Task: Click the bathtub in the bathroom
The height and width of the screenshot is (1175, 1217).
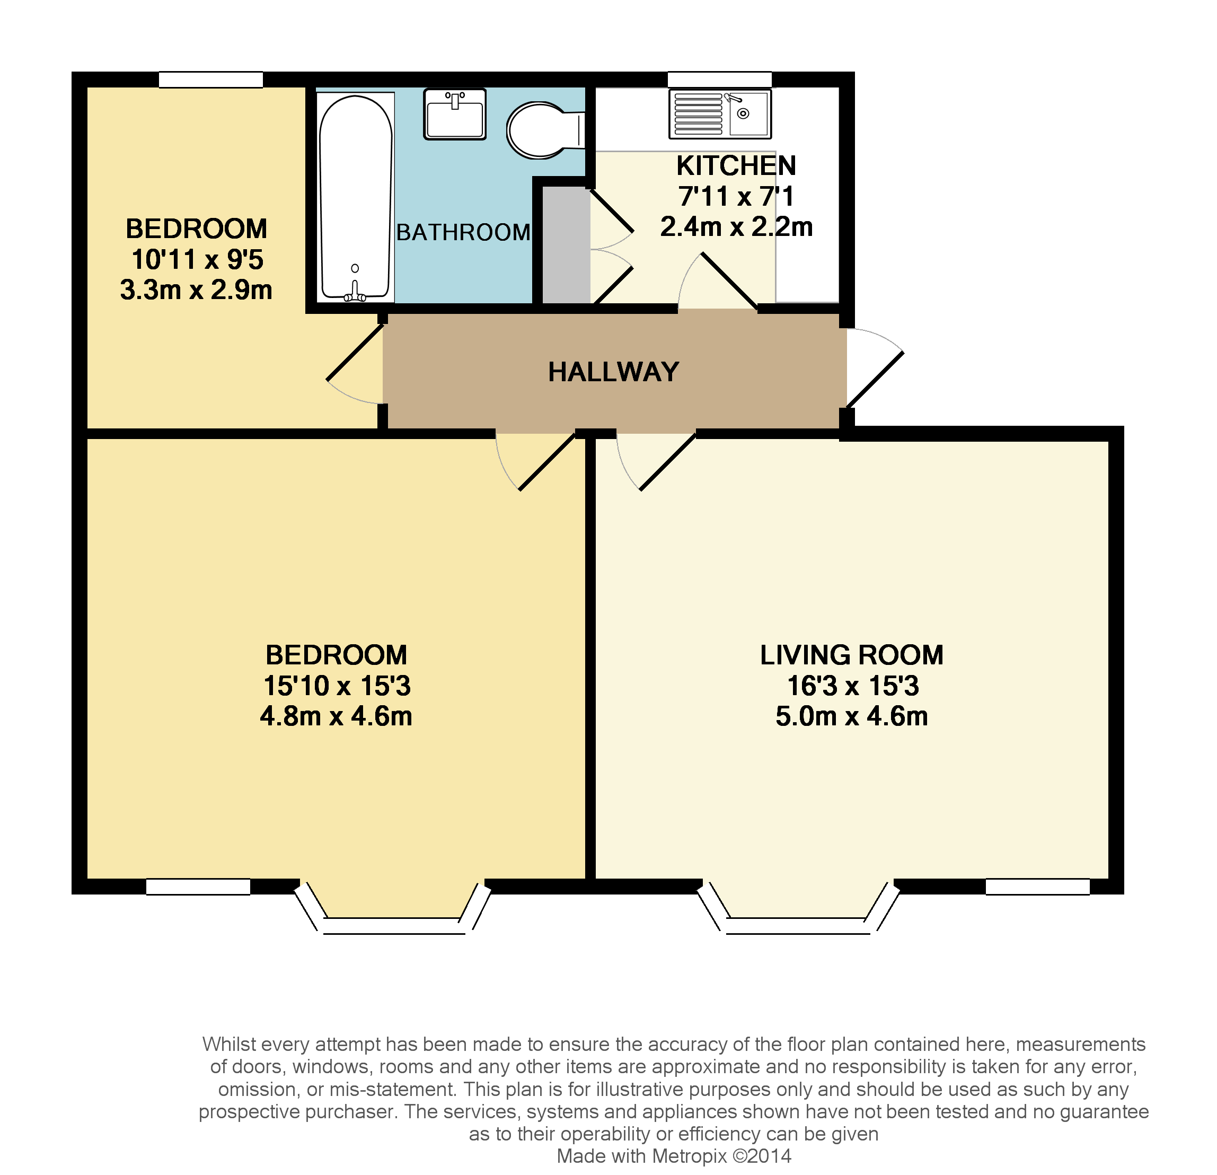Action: click(x=356, y=197)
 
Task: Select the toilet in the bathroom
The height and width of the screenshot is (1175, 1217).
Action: click(x=541, y=130)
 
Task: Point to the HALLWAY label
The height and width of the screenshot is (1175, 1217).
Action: click(x=613, y=372)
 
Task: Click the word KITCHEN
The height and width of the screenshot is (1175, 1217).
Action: click(x=736, y=166)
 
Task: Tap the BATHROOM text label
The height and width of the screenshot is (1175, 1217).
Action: click(x=463, y=232)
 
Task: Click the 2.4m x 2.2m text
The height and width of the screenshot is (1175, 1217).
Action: click(x=736, y=227)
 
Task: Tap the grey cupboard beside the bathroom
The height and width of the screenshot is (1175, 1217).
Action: click(x=566, y=246)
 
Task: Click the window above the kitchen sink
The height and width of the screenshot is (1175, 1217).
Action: click(x=719, y=80)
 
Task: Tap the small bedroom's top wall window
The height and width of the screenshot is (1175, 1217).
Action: click(x=210, y=80)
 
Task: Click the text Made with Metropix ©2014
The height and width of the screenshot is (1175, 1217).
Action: click(x=674, y=1156)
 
